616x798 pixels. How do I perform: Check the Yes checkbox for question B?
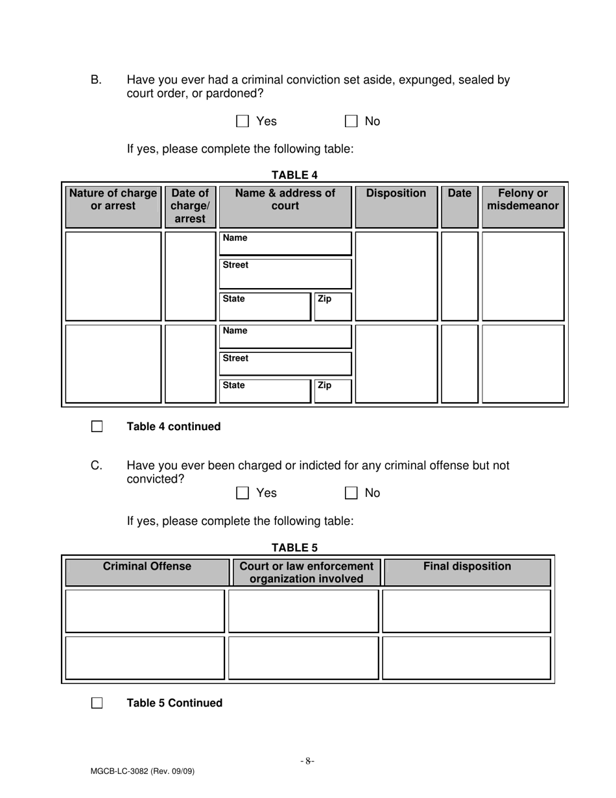coord(243,121)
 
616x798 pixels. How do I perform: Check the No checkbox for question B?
coord(351,121)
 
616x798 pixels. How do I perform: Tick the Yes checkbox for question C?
coord(243,493)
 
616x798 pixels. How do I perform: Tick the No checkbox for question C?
coord(351,493)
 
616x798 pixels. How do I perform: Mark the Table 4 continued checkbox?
coord(97,427)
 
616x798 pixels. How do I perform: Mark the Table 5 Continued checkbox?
coord(97,703)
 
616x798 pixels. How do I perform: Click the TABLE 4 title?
coord(294,175)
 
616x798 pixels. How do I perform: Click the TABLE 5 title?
coord(294,547)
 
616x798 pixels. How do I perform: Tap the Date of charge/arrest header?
coord(190,206)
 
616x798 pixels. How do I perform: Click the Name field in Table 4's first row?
coord(285,243)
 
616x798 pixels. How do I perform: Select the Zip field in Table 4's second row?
coord(333,391)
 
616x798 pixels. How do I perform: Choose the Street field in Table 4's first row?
coord(285,274)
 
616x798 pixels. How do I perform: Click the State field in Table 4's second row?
coord(265,391)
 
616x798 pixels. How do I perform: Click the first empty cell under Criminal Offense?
coord(145,611)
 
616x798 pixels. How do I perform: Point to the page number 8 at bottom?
coord(307,761)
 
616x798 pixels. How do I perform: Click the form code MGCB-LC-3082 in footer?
coord(143,771)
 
